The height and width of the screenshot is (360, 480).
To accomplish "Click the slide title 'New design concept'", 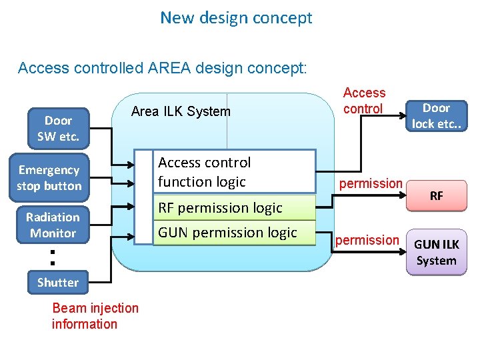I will click(x=236, y=18).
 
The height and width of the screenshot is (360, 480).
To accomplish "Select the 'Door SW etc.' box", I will click(x=58, y=129).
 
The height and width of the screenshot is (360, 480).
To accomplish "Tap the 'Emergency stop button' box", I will click(x=49, y=178).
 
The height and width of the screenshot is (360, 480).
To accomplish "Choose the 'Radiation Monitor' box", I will click(x=53, y=225).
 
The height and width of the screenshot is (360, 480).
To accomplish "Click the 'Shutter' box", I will click(x=57, y=282).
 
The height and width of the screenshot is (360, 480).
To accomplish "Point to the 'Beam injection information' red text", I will click(x=95, y=316).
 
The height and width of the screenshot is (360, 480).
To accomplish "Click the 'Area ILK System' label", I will click(x=181, y=111).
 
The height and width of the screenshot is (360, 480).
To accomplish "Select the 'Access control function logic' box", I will click(x=234, y=172).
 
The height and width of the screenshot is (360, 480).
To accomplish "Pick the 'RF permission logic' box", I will click(x=234, y=207).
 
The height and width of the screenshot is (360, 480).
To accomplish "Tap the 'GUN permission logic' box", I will click(x=234, y=232).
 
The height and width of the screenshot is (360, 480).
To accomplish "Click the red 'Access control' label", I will click(x=364, y=101).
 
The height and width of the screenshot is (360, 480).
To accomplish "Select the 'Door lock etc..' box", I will click(x=437, y=116).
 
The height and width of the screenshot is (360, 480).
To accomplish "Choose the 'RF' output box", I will click(x=437, y=196).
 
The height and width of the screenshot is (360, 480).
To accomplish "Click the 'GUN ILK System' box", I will click(x=437, y=253).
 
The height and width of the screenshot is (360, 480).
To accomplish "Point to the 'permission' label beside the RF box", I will click(x=371, y=183).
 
